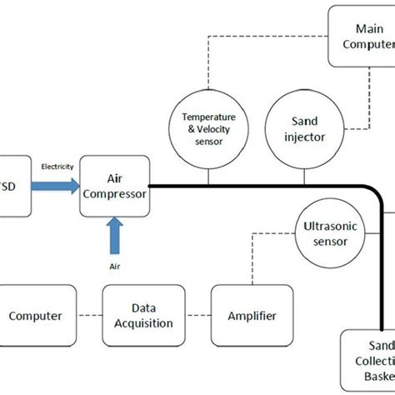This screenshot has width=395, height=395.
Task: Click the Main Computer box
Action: pyautogui.click(x=362, y=36)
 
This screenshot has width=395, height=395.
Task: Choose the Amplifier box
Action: pyautogui.click(x=252, y=316)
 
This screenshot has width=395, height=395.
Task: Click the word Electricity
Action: pyautogui.click(x=57, y=167)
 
